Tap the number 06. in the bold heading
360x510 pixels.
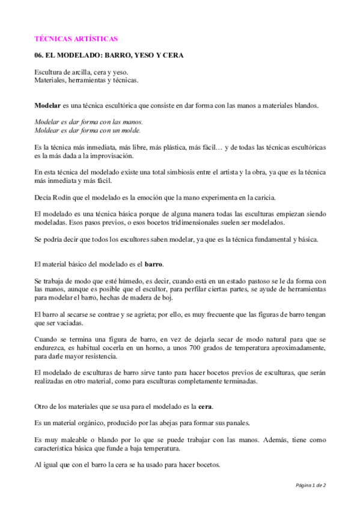click(40, 55)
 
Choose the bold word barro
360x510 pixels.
click(154, 264)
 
